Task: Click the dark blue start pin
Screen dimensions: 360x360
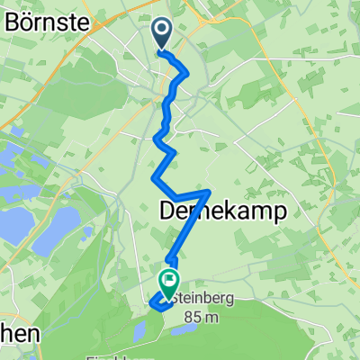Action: (163, 34)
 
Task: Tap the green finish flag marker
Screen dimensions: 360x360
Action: (168, 283)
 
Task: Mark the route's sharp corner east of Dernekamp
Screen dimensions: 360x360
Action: (210, 191)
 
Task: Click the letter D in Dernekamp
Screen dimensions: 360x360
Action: (168, 211)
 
